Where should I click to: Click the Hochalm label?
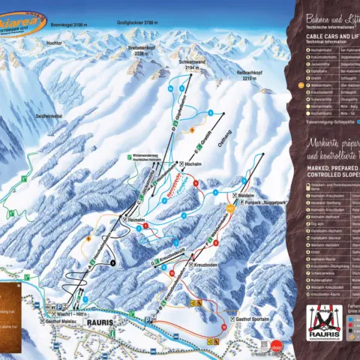click(195, 163)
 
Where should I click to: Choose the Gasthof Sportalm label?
click(251, 319)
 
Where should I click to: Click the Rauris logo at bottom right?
click(325, 324)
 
